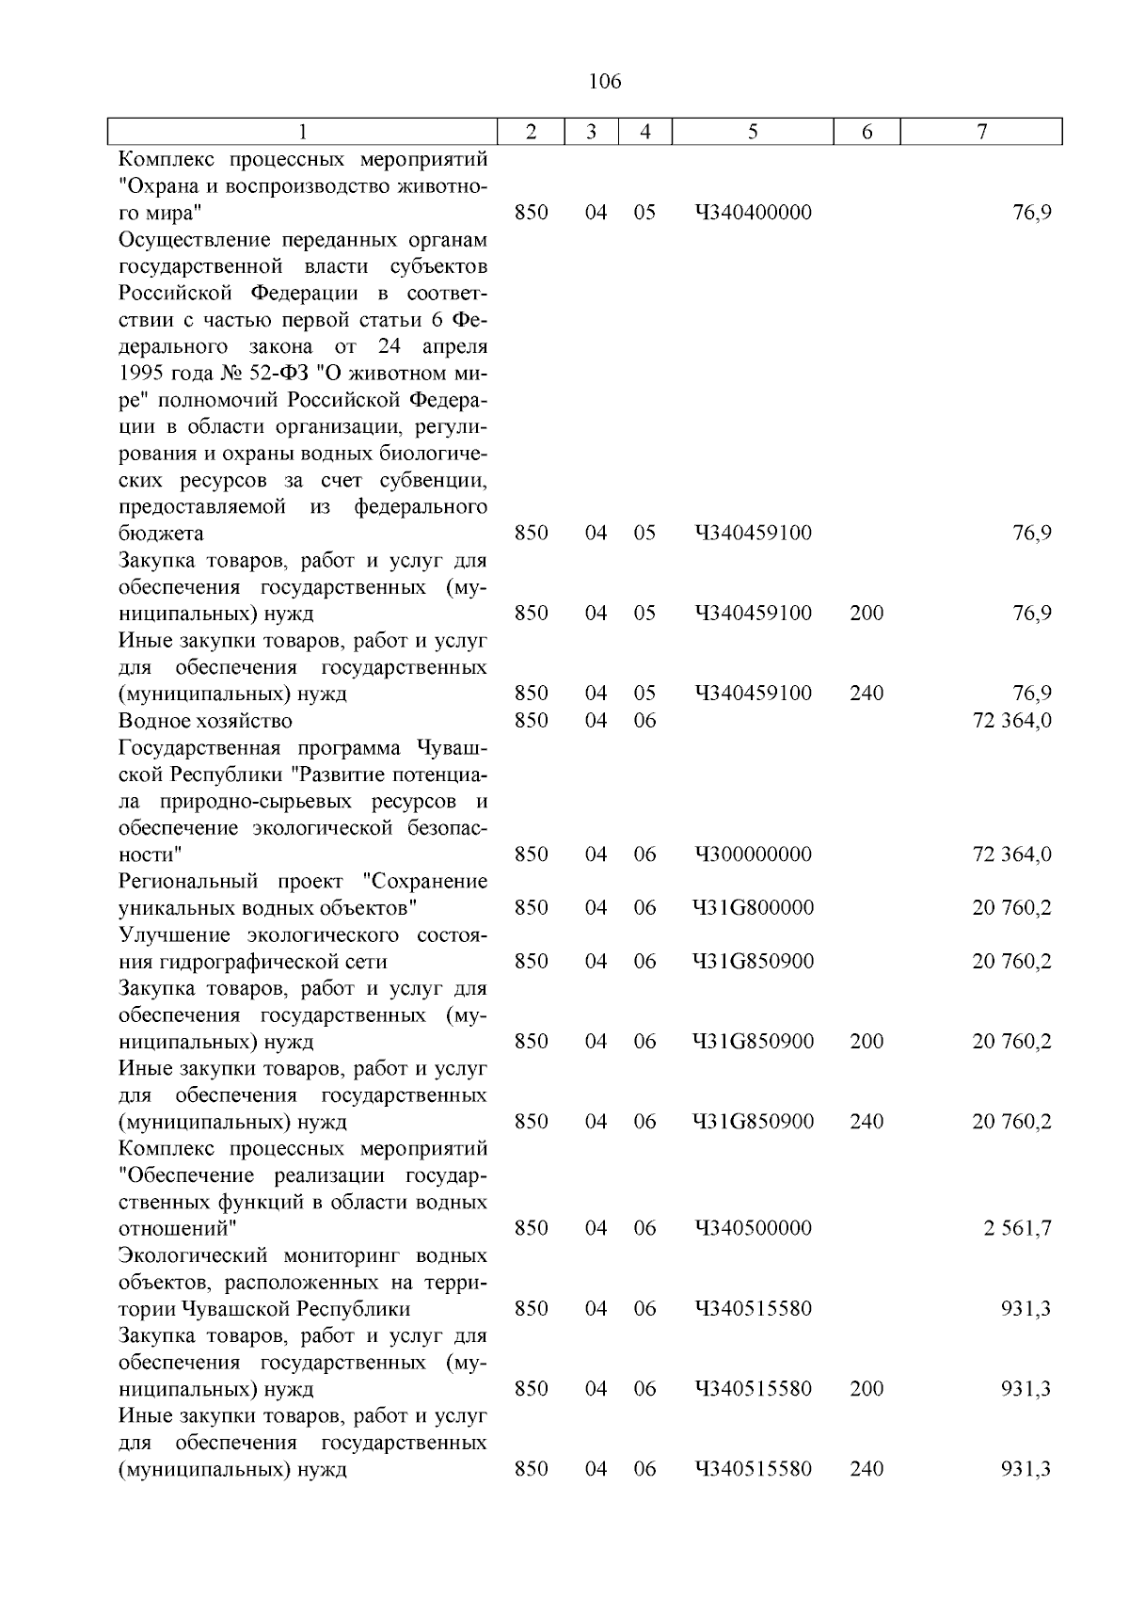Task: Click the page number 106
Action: (604, 82)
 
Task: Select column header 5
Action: (753, 133)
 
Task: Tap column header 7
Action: (981, 133)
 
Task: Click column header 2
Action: (531, 133)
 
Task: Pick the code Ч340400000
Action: (753, 213)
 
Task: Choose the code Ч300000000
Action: (753, 854)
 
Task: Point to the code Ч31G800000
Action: (753, 908)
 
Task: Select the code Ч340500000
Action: (753, 1228)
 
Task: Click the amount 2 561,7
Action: (1018, 1228)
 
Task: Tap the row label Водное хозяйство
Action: (205, 721)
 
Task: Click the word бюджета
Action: (161, 534)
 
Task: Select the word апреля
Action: (455, 346)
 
